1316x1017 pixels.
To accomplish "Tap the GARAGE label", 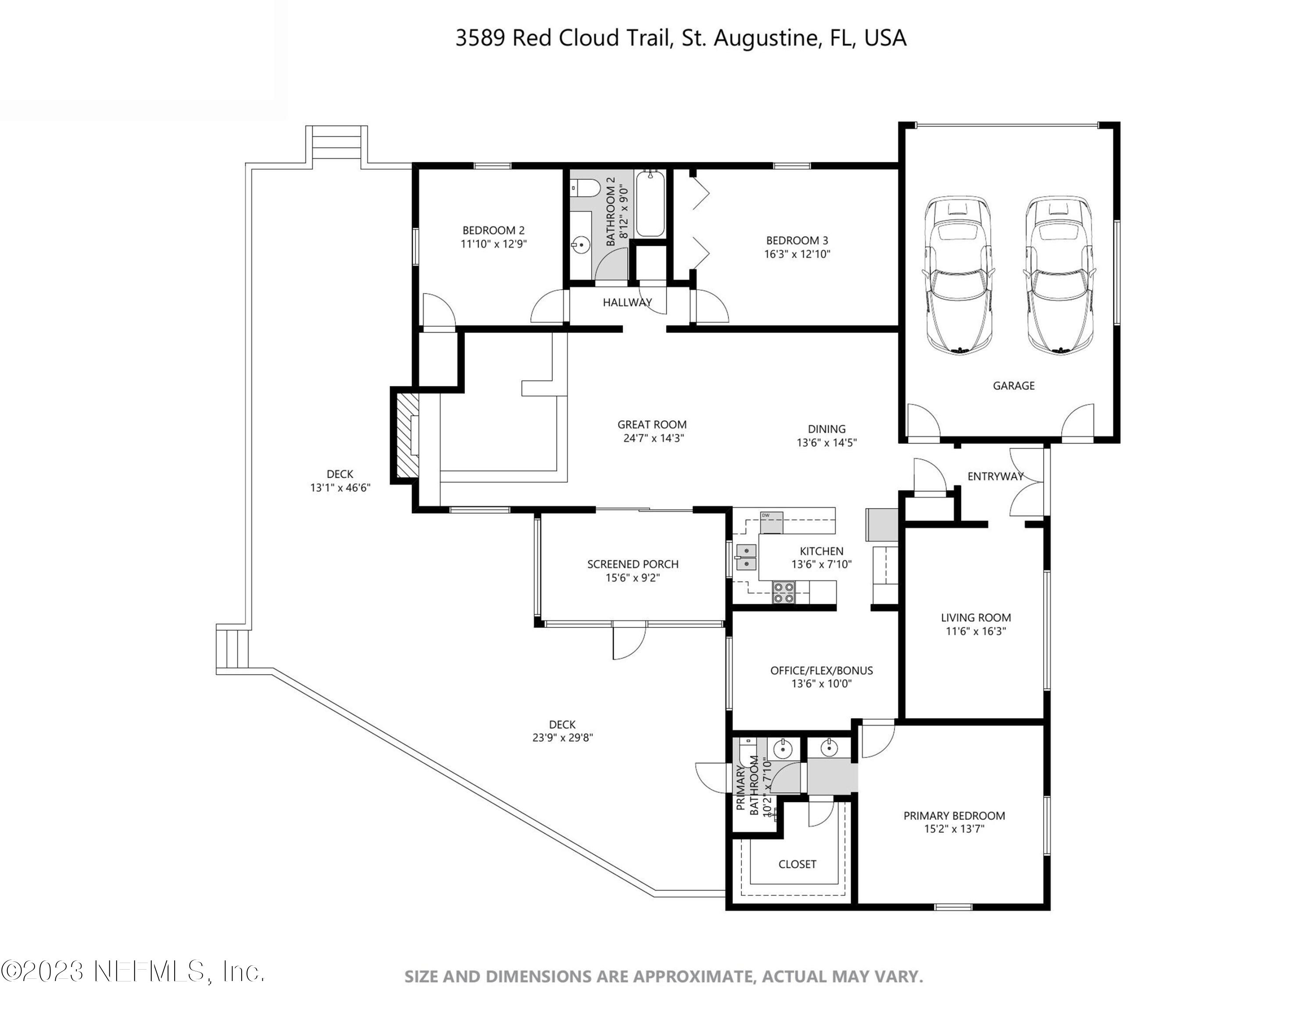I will point(1013,386).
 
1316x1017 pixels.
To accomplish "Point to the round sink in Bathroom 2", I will point(581,245).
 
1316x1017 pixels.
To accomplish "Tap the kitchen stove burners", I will point(783,592).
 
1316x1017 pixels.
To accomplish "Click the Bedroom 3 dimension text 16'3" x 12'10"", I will point(797,254).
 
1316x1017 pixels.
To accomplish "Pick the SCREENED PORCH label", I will point(633,564).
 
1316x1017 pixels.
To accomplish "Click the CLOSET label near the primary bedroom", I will point(797,864).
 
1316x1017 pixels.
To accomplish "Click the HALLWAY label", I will point(627,302).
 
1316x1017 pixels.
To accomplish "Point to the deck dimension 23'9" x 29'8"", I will point(562,738).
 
